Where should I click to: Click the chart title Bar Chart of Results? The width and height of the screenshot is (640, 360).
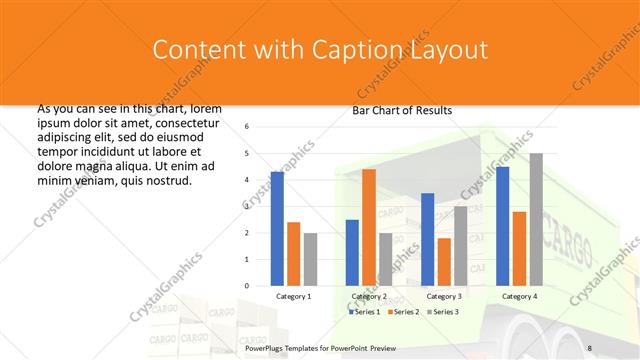tap(402, 110)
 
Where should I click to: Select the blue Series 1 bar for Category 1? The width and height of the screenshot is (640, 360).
tap(277, 229)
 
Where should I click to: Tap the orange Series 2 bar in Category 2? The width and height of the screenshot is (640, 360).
tap(369, 227)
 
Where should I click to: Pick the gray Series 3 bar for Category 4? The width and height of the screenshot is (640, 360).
tap(536, 219)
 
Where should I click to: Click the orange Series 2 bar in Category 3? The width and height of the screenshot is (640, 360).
tap(444, 262)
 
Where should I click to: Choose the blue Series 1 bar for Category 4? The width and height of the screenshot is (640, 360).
tap(502, 226)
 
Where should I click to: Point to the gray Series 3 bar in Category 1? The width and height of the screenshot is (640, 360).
tap(310, 259)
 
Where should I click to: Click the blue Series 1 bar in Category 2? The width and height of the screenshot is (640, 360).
tap(352, 253)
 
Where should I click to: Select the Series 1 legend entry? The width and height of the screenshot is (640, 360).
tap(365, 312)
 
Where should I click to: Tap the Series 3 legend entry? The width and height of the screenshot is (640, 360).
tap(444, 312)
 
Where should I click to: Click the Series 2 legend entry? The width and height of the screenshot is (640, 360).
tap(405, 312)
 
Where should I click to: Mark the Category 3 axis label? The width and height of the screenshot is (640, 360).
tap(444, 297)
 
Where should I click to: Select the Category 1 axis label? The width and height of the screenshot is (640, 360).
tap(293, 297)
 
